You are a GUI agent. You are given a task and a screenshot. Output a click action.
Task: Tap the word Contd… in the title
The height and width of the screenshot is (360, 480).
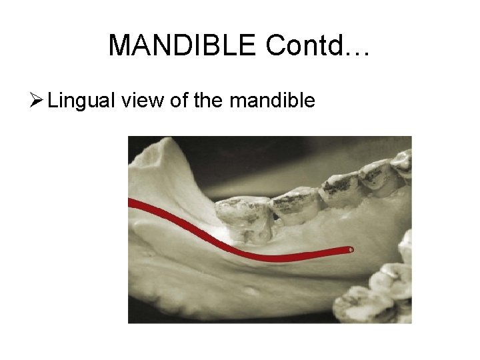(x=317, y=45)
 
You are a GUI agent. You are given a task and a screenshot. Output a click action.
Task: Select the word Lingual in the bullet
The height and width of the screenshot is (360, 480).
(x=81, y=101)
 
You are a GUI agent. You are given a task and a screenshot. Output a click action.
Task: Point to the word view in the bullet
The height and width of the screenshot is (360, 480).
(x=141, y=101)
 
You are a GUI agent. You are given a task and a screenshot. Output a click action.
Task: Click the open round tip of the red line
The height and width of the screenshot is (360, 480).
(x=351, y=250)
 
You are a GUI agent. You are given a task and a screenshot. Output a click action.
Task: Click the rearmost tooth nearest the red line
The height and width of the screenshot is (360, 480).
(x=244, y=217)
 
